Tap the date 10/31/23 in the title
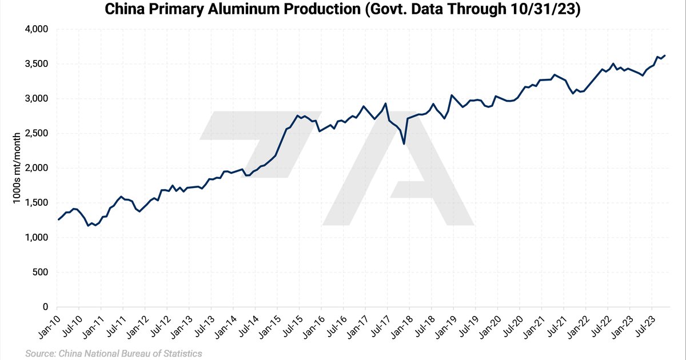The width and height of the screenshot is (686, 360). coord(549,10)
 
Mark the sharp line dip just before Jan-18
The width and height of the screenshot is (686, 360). coord(404,143)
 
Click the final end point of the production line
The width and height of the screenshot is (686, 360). coord(665,55)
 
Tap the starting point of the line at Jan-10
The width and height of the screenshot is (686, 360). coord(58,219)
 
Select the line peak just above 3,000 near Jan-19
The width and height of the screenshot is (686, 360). coord(452,95)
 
